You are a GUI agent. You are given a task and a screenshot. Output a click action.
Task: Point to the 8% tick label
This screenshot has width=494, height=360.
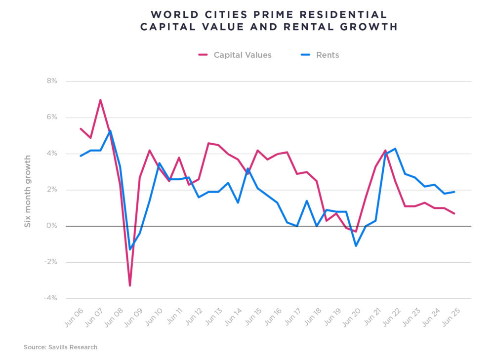tap(51, 81)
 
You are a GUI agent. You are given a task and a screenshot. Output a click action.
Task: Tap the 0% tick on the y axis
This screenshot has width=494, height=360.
tap(51, 226)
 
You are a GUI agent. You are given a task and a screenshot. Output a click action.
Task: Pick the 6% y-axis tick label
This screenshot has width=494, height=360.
tap(51, 118)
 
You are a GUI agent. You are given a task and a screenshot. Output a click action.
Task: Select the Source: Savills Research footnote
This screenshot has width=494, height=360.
tap(60, 347)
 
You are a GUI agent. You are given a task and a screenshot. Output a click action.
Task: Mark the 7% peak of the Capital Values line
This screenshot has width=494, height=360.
tap(100, 100)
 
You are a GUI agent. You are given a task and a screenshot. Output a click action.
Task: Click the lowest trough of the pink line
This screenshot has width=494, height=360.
tap(130, 285)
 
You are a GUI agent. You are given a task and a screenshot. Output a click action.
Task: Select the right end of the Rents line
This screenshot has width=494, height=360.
tap(454, 192)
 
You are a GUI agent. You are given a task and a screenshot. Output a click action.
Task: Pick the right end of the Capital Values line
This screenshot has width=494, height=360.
tap(454, 213)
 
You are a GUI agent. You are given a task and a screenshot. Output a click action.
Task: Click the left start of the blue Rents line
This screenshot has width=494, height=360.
tap(81, 156)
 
